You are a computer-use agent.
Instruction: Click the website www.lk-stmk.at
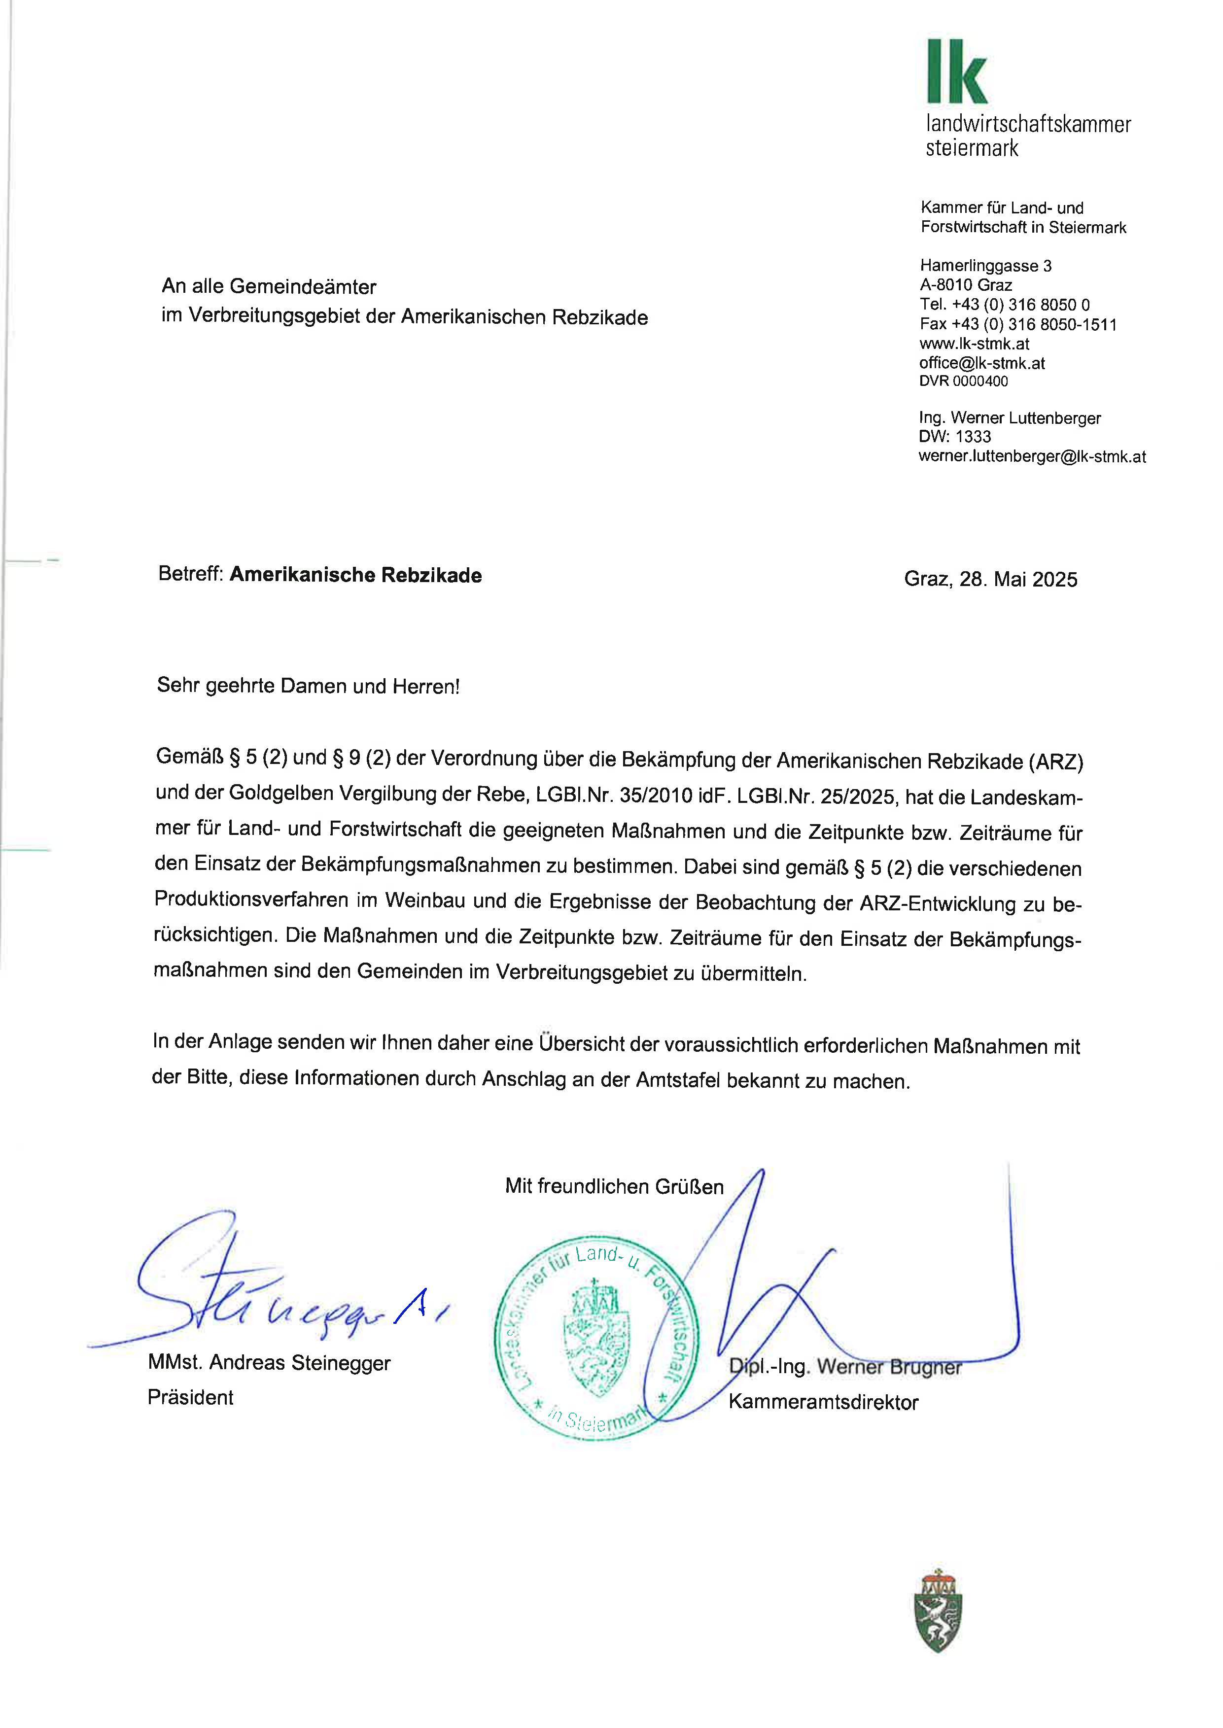coord(974,344)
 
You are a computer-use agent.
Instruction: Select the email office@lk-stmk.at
coord(981,363)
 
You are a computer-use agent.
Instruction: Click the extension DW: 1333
coord(954,437)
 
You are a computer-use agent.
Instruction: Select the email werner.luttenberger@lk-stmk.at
coord(1032,456)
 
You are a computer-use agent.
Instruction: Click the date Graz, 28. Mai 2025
coord(990,579)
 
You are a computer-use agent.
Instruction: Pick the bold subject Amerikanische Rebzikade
coord(355,575)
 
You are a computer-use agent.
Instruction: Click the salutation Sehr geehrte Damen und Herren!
coord(307,686)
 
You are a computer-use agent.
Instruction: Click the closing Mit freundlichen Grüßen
coord(614,1187)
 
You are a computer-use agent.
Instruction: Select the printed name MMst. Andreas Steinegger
coord(269,1363)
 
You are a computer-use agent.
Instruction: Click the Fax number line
coord(1017,324)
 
